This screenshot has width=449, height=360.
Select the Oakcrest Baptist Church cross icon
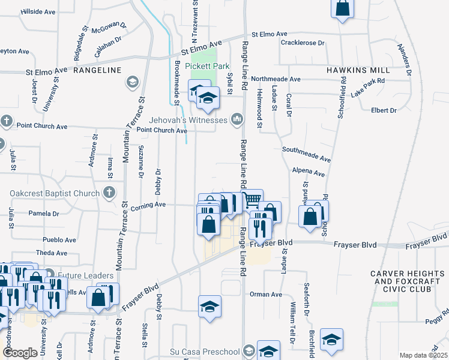(109, 193)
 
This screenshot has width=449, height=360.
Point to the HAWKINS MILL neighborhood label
(354, 70)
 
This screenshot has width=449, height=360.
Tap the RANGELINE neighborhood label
(97, 70)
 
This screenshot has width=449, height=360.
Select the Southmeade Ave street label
(306, 157)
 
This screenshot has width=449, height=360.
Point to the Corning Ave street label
(151, 205)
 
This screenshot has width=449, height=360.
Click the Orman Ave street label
(266, 295)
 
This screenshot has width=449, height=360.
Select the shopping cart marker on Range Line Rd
(253, 199)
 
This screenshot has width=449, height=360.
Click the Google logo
(20, 353)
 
